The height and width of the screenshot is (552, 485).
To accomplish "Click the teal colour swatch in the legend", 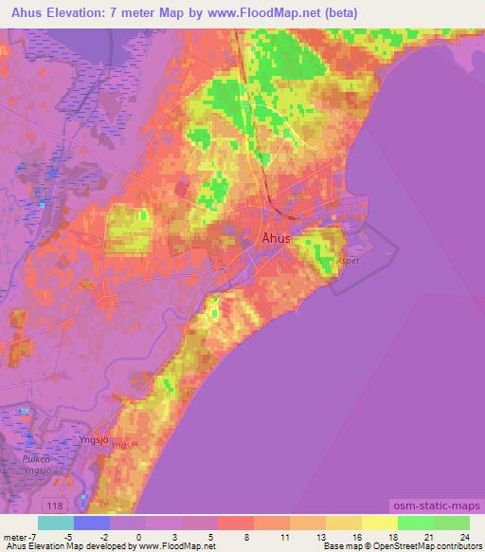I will tap(56, 523).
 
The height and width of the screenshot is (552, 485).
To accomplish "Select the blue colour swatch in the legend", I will tap(92, 523).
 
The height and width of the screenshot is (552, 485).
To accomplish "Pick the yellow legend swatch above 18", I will tap(379, 523).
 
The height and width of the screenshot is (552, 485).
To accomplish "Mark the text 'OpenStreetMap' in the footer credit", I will tap(399, 546).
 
